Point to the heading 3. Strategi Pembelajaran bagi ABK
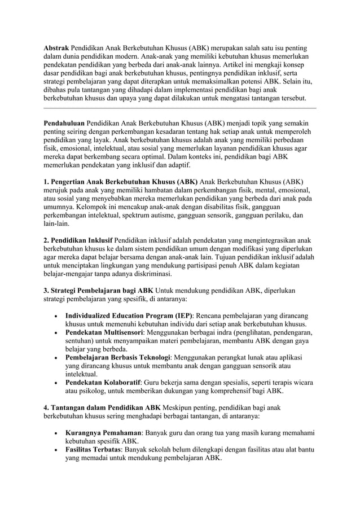pos(99,291)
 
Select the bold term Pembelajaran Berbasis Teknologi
pos(118,357)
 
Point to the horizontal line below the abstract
pos(180,107)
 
